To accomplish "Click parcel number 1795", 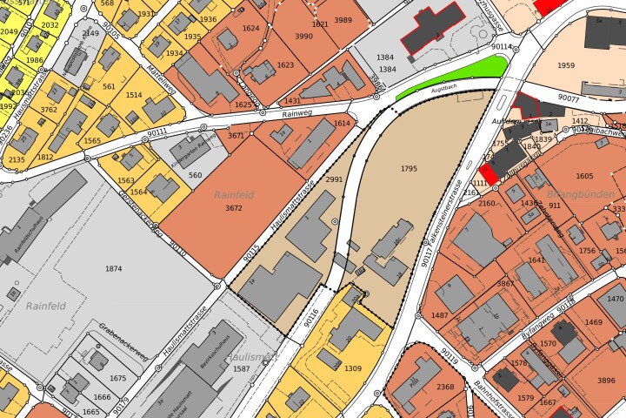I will pyautogui.click(x=410, y=168).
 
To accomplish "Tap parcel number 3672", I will pyautogui.click(x=233, y=209).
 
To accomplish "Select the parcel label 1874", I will pyautogui.click(x=113, y=269).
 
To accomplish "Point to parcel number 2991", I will pyautogui.click(x=334, y=179).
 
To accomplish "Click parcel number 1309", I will pyautogui.click(x=353, y=368).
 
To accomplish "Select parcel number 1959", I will pyautogui.click(x=566, y=66).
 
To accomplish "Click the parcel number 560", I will pyautogui.click(x=195, y=176).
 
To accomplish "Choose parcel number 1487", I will pyautogui.click(x=440, y=315).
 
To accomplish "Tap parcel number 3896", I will pyautogui.click(x=606, y=381).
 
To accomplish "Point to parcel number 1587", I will pyautogui.click(x=241, y=369).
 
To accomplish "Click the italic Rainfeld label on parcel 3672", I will pyautogui.click(x=233, y=195).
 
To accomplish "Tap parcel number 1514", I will pyautogui.click(x=133, y=96).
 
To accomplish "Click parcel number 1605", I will pyautogui.click(x=584, y=176).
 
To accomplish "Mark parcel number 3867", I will pyautogui.click(x=505, y=284).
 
